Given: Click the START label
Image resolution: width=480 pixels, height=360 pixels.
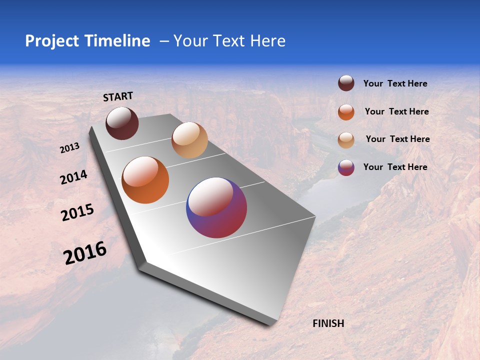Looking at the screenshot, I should tap(118, 96).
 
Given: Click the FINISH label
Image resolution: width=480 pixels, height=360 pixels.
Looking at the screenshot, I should tap(328, 323).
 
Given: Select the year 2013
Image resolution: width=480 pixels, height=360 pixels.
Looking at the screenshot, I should tap(70, 148).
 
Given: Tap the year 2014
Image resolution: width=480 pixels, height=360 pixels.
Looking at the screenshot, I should tap(73, 177).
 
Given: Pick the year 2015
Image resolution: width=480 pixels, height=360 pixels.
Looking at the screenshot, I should tap(77, 212).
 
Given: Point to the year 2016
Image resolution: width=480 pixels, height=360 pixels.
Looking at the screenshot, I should tap(85, 252).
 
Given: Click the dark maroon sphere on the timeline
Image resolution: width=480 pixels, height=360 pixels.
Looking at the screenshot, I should tap(122, 123).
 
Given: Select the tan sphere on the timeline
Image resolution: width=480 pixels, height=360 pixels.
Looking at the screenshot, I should tap(189, 140).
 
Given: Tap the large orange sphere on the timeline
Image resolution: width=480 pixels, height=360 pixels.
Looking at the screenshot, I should tap(145, 180).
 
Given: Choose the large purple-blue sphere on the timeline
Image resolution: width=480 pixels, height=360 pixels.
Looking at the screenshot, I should tap(216, 207).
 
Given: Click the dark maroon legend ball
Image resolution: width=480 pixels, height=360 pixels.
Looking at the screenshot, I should tap(346, 83).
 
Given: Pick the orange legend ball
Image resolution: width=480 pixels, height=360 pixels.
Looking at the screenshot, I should tap(346, 112).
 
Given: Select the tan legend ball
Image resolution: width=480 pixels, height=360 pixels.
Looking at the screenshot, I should tap(346, 140).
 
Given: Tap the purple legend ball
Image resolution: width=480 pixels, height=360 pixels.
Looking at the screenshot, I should tap(346, 167).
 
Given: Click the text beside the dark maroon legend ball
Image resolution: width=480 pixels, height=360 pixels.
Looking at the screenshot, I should tap(395, 83).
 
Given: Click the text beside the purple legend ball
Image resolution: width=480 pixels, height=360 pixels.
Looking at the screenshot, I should tap(395, 167).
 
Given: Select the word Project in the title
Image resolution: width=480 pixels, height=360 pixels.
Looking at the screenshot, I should tap(52, 41).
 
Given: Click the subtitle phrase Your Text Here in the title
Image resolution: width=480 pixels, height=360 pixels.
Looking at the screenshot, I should tap(229, 41).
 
